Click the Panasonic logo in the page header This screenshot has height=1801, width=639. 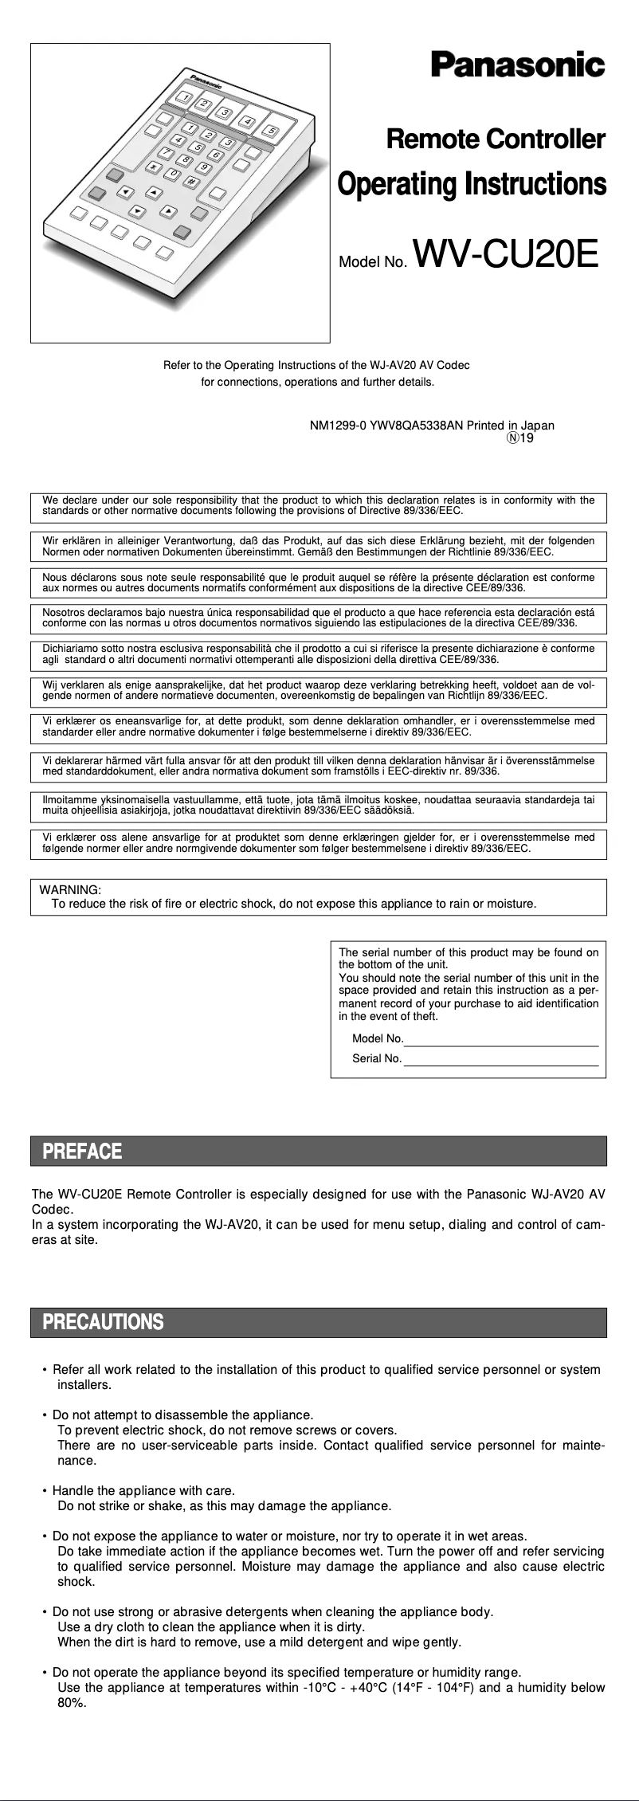518,65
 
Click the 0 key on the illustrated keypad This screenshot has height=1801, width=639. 172,174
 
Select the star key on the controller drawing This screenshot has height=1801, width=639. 152,167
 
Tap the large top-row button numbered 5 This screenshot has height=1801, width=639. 272,131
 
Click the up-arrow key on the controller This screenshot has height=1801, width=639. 155,192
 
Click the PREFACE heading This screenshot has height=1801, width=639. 82,1151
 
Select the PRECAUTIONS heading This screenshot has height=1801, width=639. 103,1322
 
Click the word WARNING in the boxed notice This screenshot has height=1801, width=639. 70,889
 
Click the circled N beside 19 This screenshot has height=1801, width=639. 514,437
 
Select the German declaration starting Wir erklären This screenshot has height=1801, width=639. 319,546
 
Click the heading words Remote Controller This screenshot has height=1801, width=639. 495,139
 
